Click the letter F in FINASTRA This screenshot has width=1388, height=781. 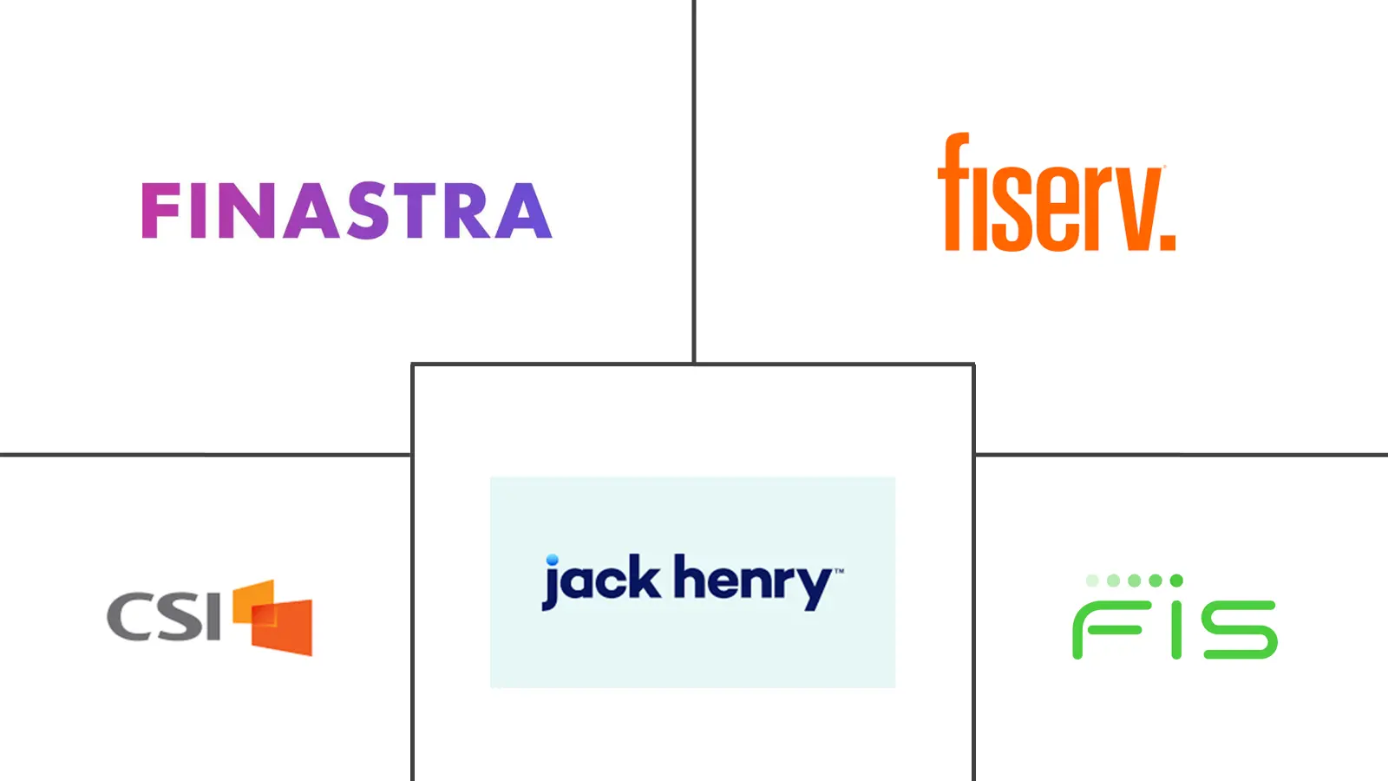[160, 210]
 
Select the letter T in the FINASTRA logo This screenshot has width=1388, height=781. [419, 210]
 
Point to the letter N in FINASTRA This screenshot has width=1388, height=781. [248, 210]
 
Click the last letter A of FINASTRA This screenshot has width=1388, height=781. [524, 210]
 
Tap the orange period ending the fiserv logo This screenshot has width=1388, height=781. [1168, 242]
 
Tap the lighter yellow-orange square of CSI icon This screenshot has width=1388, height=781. [252, 601]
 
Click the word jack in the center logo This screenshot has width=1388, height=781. [600, 581]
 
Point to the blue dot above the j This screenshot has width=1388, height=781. [552, 560]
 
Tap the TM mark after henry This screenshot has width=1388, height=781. [838, 570]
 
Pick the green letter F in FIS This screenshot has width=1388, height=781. [1107, 630]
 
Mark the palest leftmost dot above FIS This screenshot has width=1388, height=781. [1092, 581]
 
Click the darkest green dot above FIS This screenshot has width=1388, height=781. [1176, 581]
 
